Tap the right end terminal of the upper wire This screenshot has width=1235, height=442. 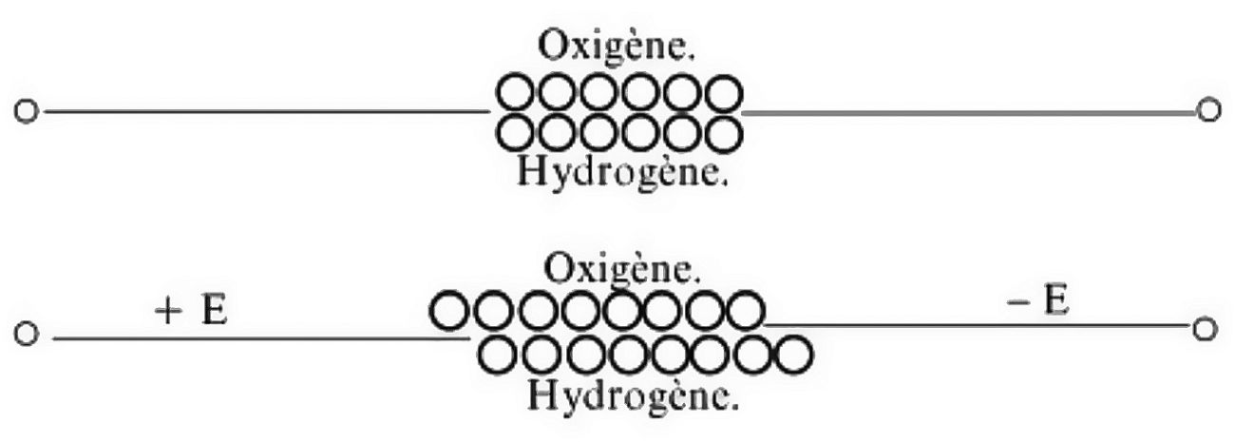click(x=1208, y=110)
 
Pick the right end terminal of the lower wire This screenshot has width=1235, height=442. click(x=1204, y=328)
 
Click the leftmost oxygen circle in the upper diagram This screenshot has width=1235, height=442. click(x=516, y=93)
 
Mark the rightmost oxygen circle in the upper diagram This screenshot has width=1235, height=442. click(x=724, y=93)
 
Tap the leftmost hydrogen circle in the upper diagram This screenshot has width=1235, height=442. click(x=516, y=132)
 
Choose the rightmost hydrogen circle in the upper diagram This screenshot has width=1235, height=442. click(x=724, y=132)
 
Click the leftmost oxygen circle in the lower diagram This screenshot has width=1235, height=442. click(x=448, y=311)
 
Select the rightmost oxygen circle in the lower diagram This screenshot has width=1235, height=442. click(x=745, y=311)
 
